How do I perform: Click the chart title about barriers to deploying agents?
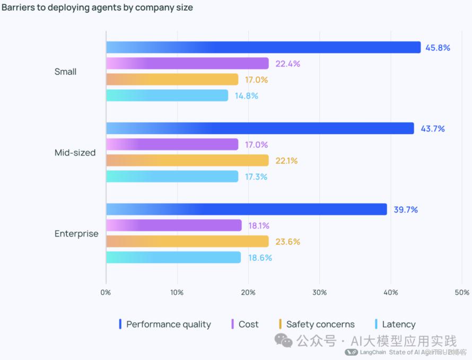click(x=97, y=8)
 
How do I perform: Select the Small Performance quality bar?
click(x=263, y=48)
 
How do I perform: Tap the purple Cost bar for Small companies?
click(x=187, y=64)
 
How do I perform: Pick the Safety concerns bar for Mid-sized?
click(x=187, y=161)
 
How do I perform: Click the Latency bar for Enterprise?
click(x=173, y=258)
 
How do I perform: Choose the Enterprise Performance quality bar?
click(x=246, y=209)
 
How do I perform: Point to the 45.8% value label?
click(x=438, y=48)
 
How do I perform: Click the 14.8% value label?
click(x=246, y=96)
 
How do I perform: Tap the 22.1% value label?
click(x=287, y=161)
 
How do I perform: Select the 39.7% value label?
click(x=406, y=209)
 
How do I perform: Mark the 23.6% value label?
click(x=288, y=242)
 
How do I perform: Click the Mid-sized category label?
click(x=75, y=153)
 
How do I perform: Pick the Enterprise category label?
click(x=76, y=234)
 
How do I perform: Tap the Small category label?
click(x=65, y=72)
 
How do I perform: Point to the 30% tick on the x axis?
click(x=319, y=293)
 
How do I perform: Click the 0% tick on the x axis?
click(x=106, y=293)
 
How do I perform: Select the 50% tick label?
click(x=462, y=293)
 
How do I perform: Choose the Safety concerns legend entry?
click(x=317, y=324)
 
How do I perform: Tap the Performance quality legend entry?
click(x=165, y=324)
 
